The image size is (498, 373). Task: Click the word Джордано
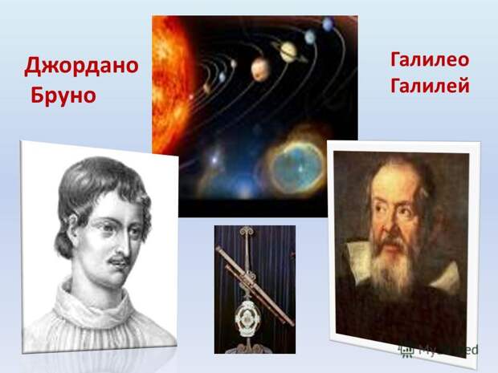click(x=81, y=67)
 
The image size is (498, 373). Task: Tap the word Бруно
click(x=63, y=96)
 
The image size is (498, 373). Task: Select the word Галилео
click(x=430, y=60)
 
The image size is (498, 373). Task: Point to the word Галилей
click(x=430, y=86)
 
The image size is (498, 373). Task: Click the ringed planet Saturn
click(x=288, y=51)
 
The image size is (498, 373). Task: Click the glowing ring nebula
click(x=297, y=165)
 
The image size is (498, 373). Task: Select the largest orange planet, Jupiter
click(x=260, y=70)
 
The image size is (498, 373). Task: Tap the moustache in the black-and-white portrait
click(x=118, y=260)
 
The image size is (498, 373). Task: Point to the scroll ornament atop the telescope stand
click(x=247, y=231)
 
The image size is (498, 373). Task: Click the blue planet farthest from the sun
click(x=328, y=24)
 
